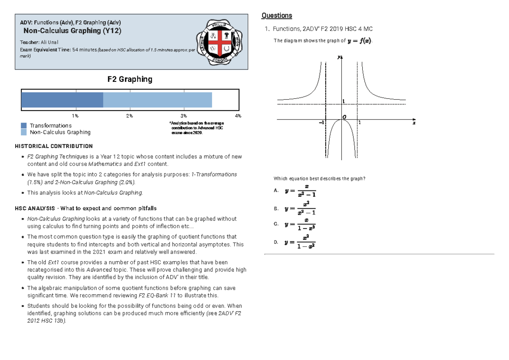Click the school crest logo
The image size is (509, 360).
tap(219, 42)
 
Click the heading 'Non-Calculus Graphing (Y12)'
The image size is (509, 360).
tap(72, 31)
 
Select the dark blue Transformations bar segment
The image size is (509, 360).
tap(62, 100)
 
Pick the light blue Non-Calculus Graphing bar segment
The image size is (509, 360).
tap(157, 100)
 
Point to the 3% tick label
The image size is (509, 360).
tap(184, 116)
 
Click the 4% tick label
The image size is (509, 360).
tap(238, 116)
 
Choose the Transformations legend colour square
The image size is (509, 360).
tap(24, 126)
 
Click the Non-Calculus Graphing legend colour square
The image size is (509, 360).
tap(24, 132)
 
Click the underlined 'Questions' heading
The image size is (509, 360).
tap(277, 16)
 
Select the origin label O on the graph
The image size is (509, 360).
tap(344, 117)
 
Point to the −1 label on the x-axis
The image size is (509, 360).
tap(321, 123)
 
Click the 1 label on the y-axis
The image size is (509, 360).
tap(344, 100)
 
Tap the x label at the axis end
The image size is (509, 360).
tap(414, 123)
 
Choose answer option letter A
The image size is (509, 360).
tap(276, 191)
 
